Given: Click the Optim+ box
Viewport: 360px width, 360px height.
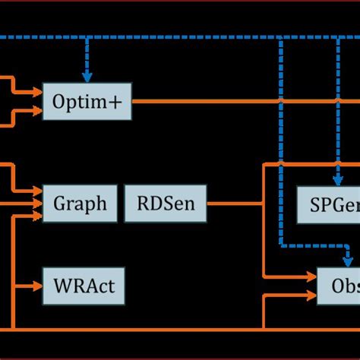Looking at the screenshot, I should click(x=87, y=101).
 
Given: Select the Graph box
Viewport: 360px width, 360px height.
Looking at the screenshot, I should click(x=80, y=204).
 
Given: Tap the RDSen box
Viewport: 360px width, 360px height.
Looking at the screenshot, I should click(x=164, y=204).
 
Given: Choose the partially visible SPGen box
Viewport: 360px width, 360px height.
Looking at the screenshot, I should click(x=327, y=204).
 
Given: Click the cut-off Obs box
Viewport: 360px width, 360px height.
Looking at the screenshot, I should click(x=339, y=286).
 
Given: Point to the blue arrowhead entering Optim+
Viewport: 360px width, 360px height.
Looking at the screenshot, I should click(x=87, y=77).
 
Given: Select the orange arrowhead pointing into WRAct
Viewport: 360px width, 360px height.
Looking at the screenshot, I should click(x=37, y=286).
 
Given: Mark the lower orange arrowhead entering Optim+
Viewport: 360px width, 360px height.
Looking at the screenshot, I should click(x=37, y=110).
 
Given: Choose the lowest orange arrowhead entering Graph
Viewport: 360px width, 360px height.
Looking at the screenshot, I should click(x=37, y=216).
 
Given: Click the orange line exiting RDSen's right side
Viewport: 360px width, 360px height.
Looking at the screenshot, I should click(x=232, y=204).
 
